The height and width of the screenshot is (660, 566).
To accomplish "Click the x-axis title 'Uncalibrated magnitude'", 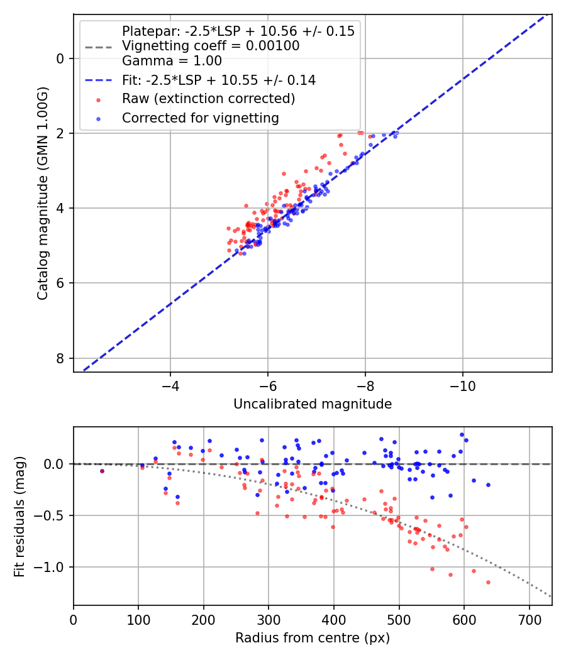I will [313, 404].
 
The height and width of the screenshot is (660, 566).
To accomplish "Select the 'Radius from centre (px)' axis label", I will [313, 638].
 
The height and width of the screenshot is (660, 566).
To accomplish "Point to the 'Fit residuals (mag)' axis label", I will [19, 516].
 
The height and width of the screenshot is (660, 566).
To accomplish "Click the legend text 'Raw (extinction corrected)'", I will [208, 99].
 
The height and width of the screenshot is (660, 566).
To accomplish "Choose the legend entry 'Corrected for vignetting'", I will [200, 118].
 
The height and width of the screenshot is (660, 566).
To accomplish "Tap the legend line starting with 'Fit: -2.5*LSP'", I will [218, 80].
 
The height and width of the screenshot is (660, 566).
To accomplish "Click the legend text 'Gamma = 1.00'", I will [172, 62].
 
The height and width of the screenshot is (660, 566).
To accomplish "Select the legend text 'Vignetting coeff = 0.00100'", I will [211, 46].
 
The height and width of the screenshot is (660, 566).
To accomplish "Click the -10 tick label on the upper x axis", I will [462, 383].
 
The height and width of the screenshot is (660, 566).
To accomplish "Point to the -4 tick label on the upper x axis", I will [170, 383].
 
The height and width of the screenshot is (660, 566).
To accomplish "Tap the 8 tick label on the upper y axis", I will [60, 358].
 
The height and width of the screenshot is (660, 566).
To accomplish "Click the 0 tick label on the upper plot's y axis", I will [60, 58].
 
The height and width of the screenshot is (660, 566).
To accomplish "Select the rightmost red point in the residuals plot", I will [488, 582].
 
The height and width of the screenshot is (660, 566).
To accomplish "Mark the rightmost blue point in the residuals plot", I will [488, 485].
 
